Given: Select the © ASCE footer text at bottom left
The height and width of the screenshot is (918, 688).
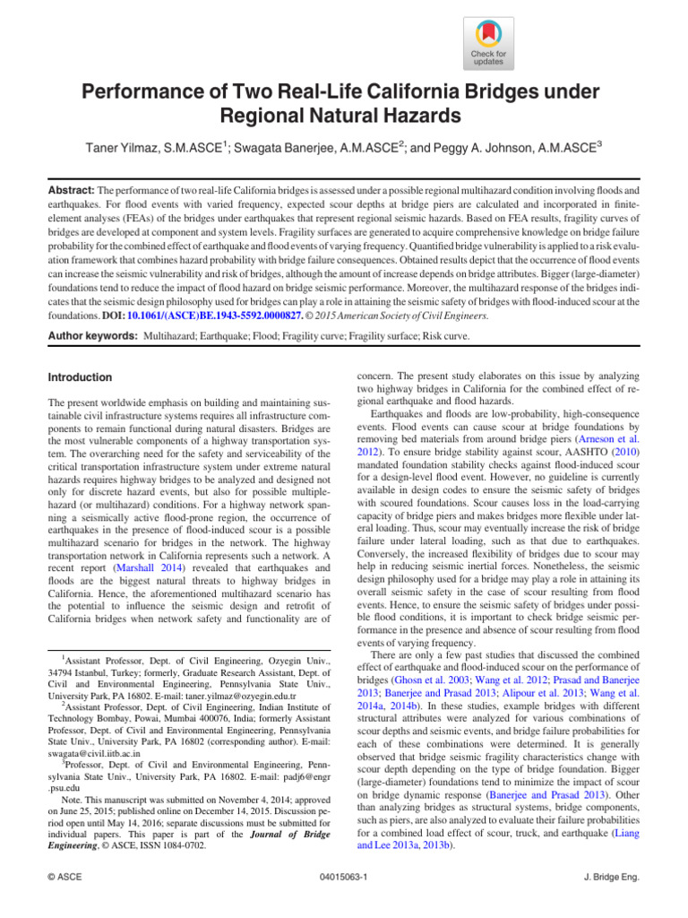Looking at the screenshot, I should pos(67,900).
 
